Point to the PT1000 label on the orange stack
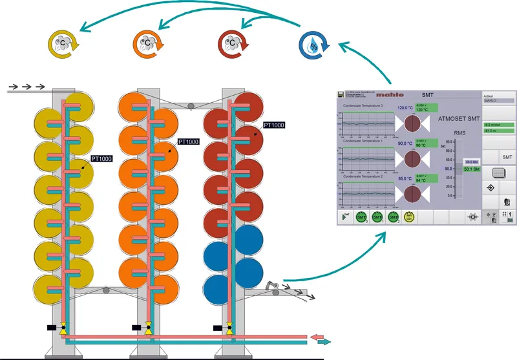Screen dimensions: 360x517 tap(188, 142)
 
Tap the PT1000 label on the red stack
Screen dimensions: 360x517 tap(273, 125)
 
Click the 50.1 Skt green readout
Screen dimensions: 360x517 tap(472, 169)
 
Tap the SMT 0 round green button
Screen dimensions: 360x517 tap(362, 217)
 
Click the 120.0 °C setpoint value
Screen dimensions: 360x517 tap(405, 108)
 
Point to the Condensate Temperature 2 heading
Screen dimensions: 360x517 tap(363, 176)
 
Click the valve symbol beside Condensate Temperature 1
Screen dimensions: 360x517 tap(412, 158)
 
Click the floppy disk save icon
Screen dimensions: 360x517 tap(340, 95)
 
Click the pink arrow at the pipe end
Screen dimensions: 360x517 tap(317, 337)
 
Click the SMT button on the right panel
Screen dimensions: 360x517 tap(507, 157)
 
